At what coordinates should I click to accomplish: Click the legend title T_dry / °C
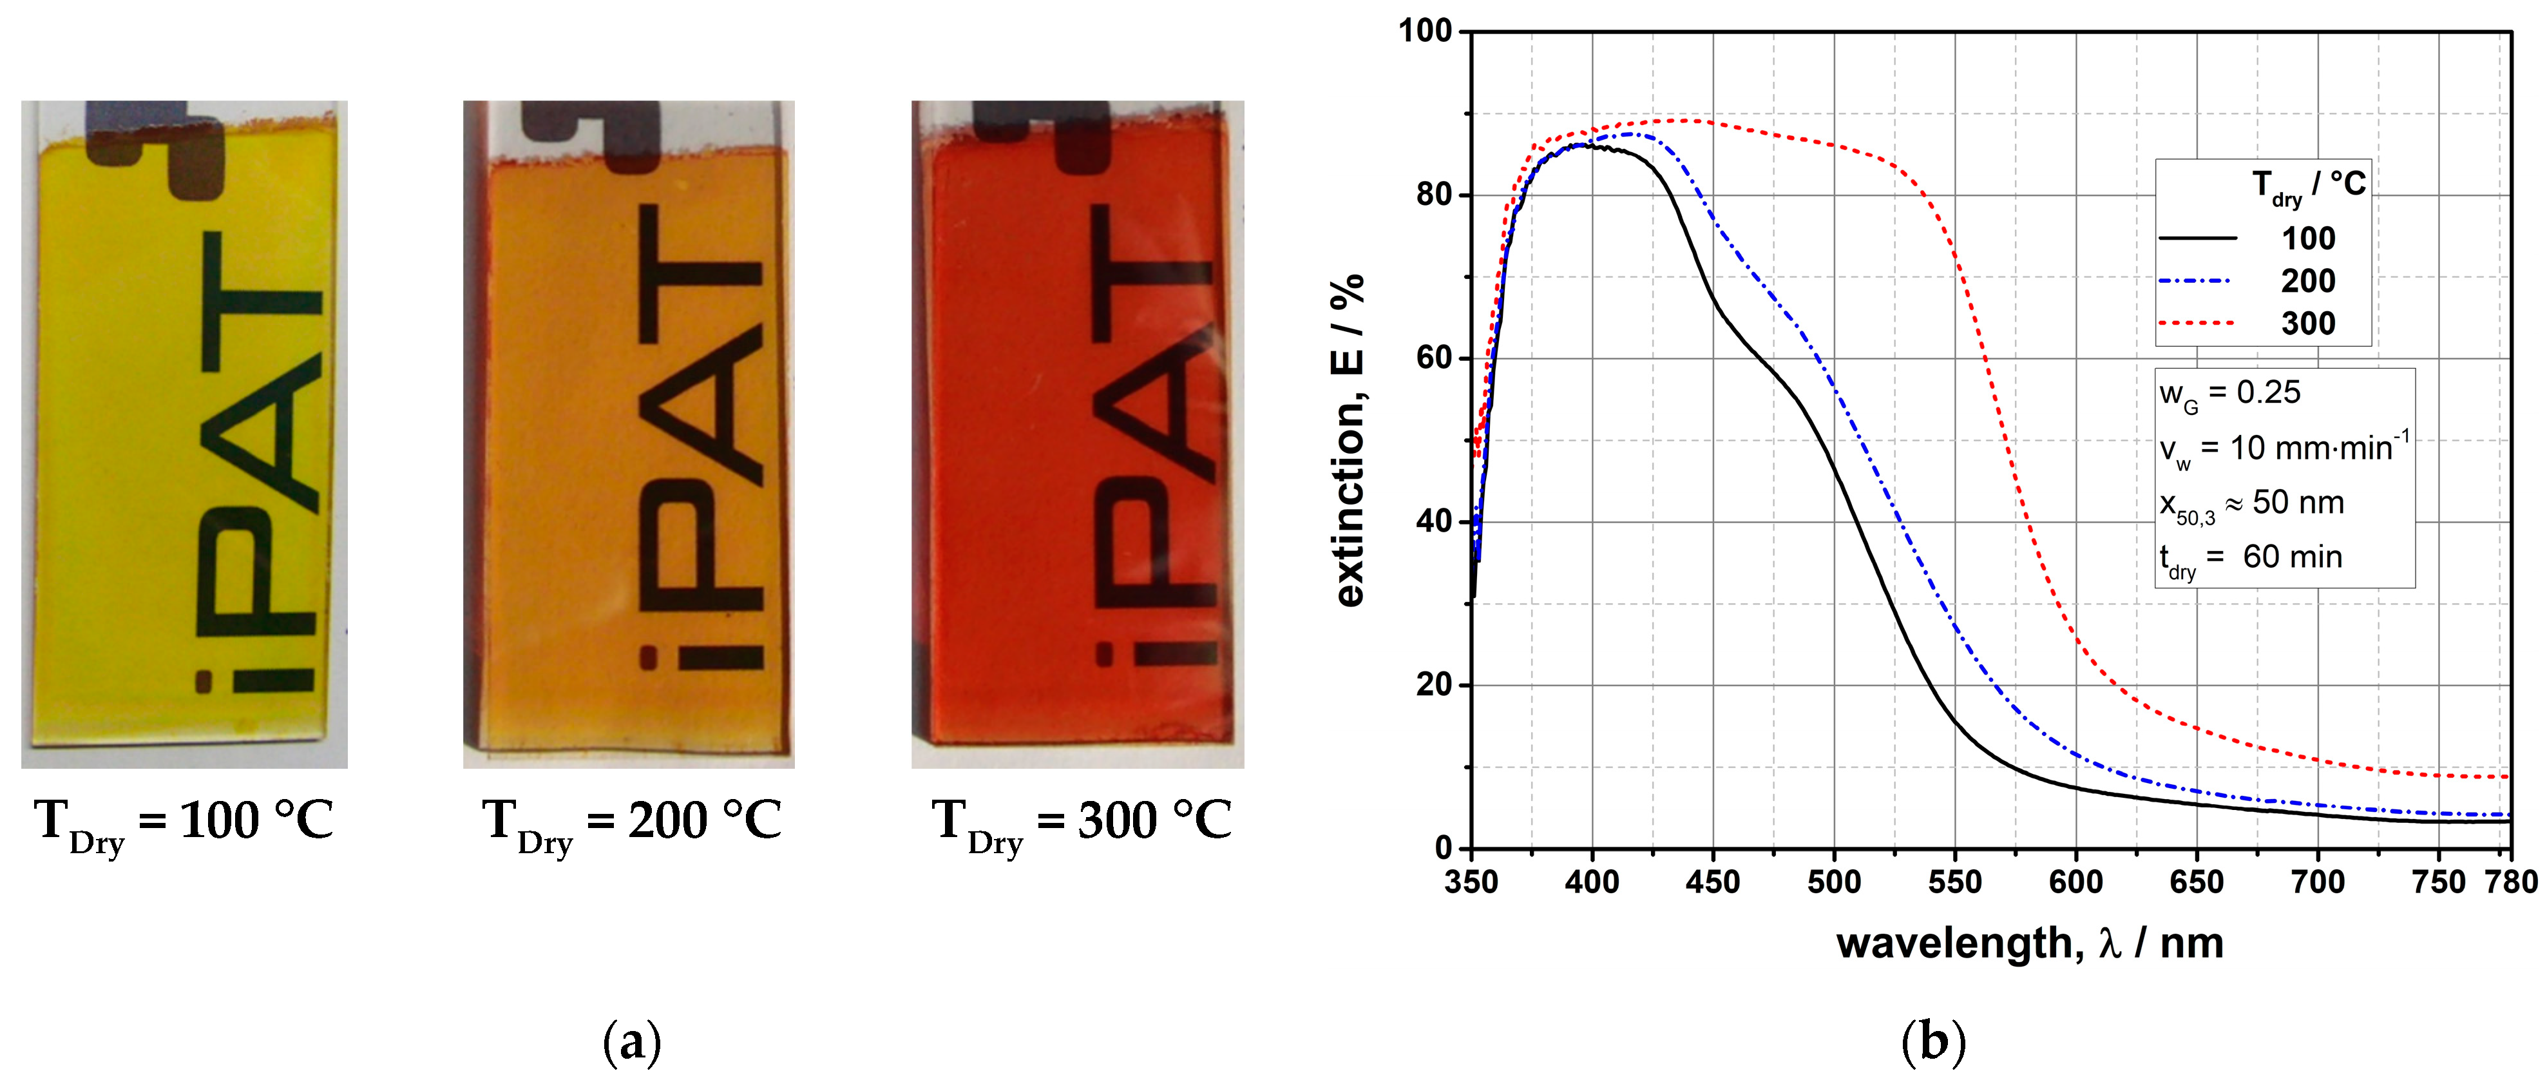click(2308, 186)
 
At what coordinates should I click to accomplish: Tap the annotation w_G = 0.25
click(2229, 394)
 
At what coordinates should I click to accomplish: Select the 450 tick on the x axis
click(1713, 882)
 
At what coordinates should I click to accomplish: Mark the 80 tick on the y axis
click(1434, 195)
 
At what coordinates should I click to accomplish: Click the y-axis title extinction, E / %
click(1350, 440)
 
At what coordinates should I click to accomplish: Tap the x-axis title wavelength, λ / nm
click(2029, 943)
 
